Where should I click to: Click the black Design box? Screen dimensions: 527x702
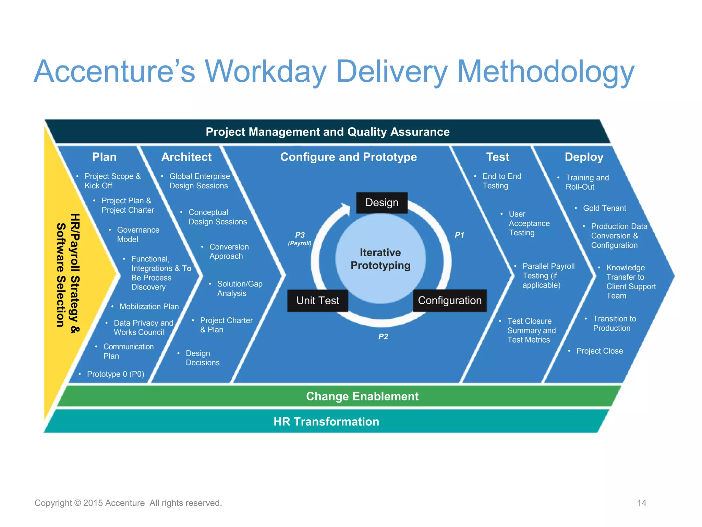[x=382, y=202]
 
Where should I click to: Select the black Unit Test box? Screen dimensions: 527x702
[x=317, y=301]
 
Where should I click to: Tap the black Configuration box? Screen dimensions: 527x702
[x=449, y=301]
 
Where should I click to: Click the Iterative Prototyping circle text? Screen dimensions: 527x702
[x=380, y=259]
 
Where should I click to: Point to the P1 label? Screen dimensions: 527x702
[x=459, y=235]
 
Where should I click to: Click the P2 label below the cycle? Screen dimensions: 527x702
[x=383, y=337]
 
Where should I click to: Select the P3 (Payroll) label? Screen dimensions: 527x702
[x=300, y=238]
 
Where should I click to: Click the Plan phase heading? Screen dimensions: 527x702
[x=104, y=157]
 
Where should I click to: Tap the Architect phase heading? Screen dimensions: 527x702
[x=186, y=157]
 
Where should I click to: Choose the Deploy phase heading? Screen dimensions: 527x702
[x=584, y=157]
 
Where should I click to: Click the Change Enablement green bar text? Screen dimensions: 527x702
[x=362, y=396]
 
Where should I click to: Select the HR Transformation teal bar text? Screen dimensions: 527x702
[x=326, y=421]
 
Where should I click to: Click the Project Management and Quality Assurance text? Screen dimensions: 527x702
[x=327, y=132]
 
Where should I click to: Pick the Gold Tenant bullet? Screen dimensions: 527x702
[x=604, y=208]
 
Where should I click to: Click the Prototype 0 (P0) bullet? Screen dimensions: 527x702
[x=116, y=374]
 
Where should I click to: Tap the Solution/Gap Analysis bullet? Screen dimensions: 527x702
[x=239, y=289]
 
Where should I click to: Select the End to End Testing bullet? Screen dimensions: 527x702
[x=501, y=181]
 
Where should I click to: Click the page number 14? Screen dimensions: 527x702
[x=641, y=503]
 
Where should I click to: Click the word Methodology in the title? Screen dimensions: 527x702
[x=546, y=71]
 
